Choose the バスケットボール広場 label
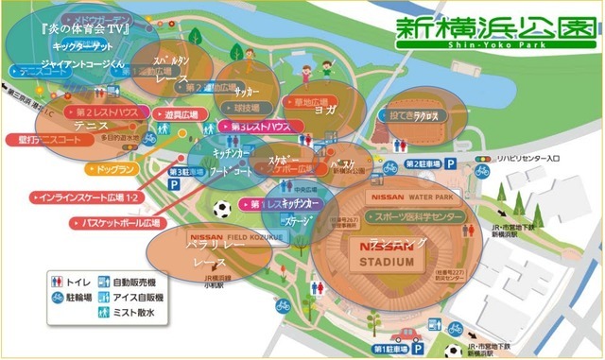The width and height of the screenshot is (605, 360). click(117, 223)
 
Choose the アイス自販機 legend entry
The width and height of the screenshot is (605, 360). click(136, 296)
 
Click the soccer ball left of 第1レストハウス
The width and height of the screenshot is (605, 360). click(222, 208)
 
